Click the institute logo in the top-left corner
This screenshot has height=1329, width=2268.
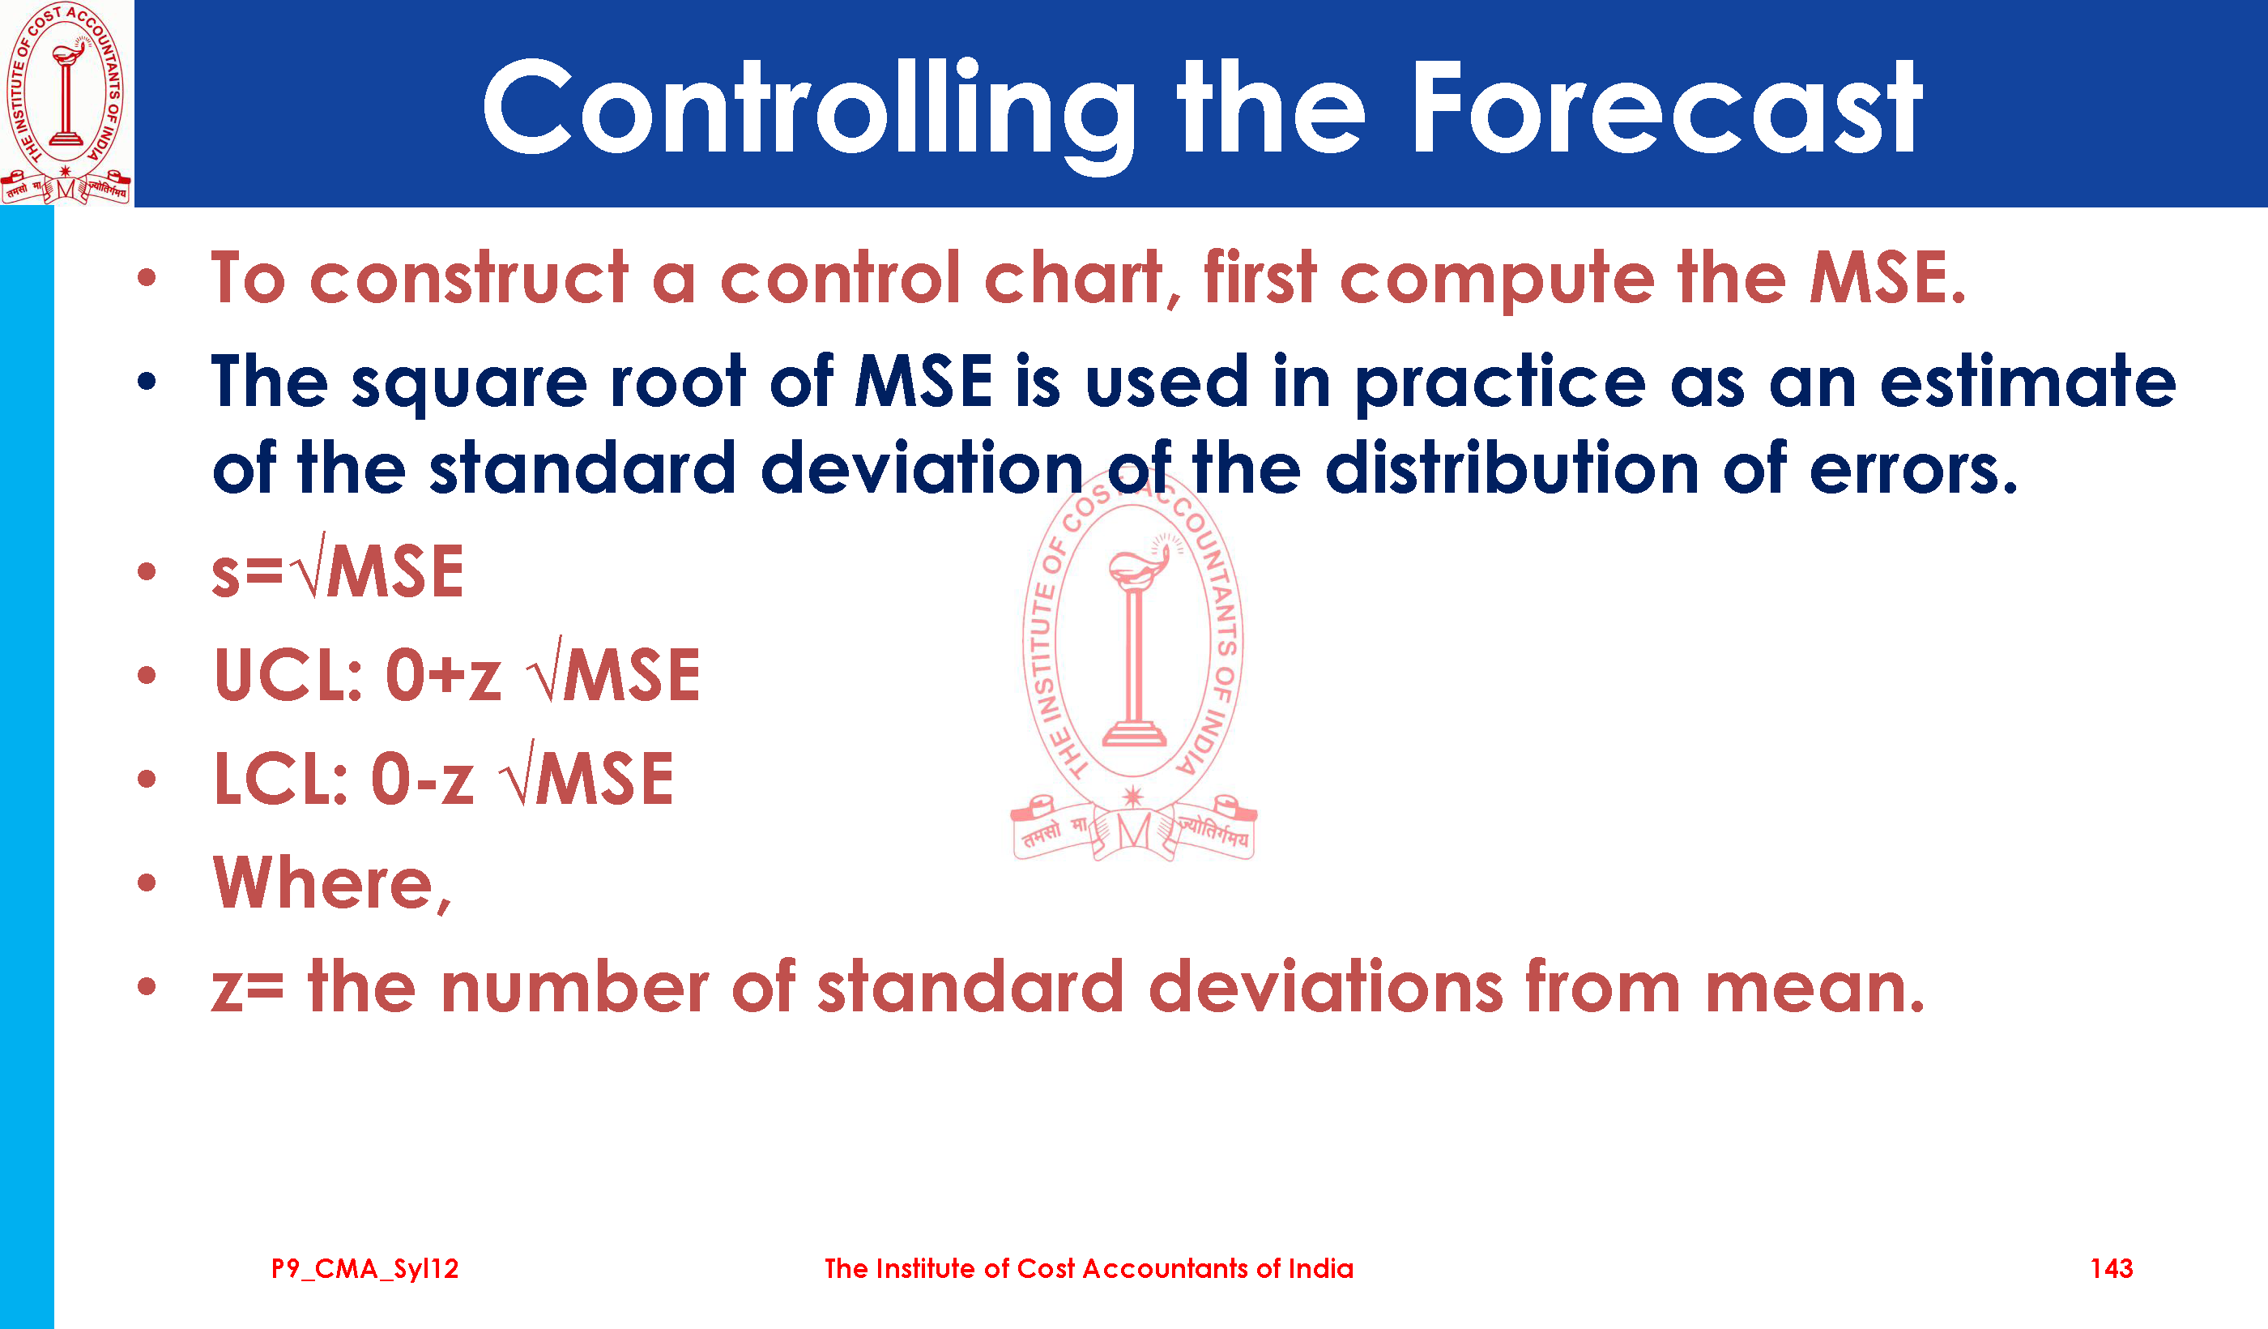pos(66,103)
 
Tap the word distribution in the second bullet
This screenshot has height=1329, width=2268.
pos(1511,468)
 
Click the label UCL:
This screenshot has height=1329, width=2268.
pos(288,675)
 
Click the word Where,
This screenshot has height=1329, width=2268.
pos(332,884)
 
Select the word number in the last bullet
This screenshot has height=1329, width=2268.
pos(575,987)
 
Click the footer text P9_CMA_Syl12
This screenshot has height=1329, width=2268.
pos(365,1269)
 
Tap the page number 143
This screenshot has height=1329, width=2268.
pos(2112,1269)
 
